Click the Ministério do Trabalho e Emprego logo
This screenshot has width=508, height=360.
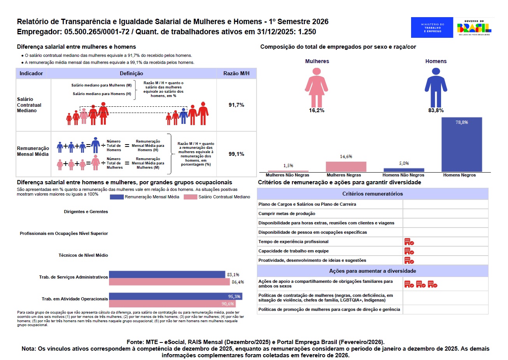(432, 27)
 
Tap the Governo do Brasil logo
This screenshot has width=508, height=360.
(474, 27)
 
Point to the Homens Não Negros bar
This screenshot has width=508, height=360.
(404, 170)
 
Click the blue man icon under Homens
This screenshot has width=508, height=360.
(436, 87)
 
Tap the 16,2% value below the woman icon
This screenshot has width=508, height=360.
(315, 110)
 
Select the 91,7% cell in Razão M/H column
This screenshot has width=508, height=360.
(236, 105)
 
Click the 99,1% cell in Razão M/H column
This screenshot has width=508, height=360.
(236, 154)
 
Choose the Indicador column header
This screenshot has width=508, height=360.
(31, 73)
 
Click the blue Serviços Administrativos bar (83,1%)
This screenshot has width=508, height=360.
(167, 274)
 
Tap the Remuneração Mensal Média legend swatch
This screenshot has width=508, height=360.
(116, 197)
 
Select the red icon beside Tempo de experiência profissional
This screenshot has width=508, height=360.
(409, 242)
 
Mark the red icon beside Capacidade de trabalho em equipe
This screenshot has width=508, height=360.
(409, 251)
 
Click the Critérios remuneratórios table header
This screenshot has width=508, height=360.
(372, 194)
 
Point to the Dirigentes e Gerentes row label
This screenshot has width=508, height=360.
(86, 212)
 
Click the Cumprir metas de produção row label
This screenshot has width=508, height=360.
(287, 214)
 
